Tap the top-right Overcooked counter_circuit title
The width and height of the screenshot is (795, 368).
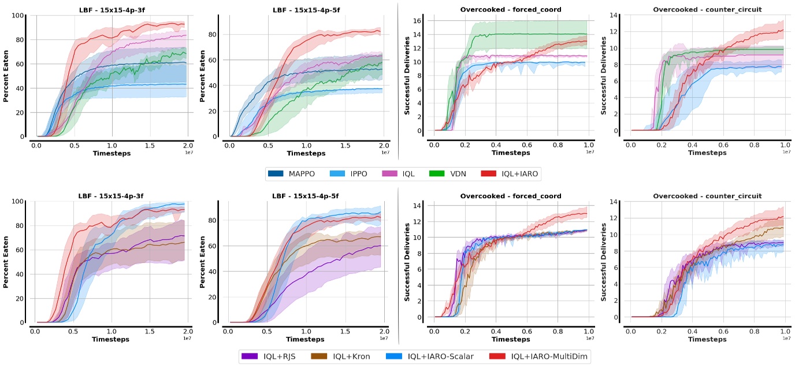707,10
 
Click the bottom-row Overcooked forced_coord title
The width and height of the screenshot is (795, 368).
511,196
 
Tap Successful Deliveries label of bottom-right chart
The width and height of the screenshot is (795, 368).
603,263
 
